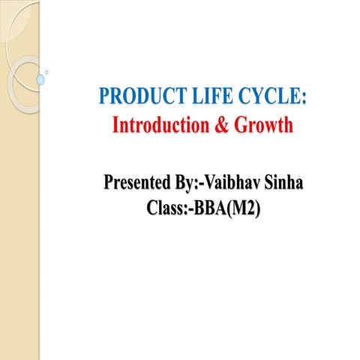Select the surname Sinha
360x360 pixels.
click(286, 182)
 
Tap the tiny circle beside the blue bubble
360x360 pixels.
click(48, 72)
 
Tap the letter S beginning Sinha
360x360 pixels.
click(271, 182)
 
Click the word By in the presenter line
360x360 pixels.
click(188, 183)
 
